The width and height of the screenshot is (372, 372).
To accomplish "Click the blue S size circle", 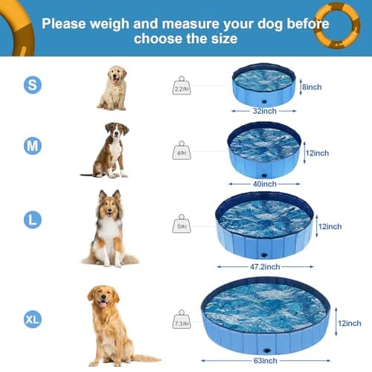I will click(32, 86).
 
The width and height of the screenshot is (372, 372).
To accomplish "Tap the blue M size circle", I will click(32, 146).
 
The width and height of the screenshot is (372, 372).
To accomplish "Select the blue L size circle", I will click(32, 219).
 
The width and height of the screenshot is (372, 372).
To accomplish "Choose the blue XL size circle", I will click(32, 320).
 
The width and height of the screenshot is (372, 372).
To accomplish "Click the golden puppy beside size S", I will click(112, 89).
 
